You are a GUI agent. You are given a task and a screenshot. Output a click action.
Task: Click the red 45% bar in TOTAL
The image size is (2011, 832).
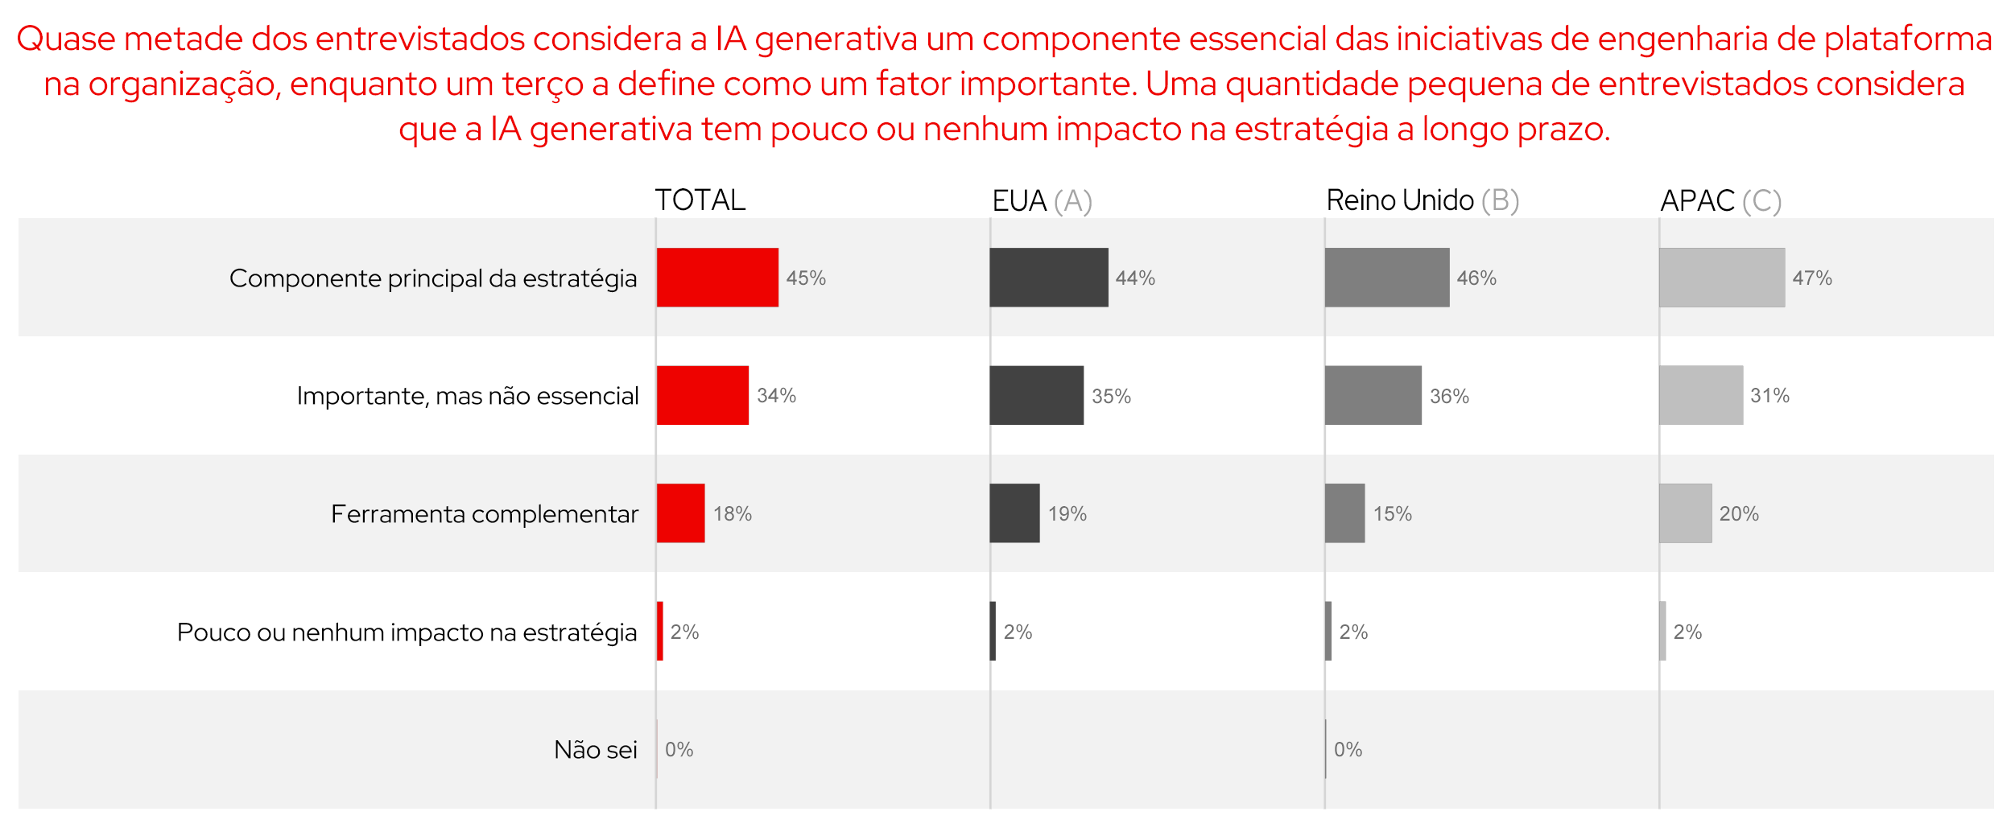[717, 278]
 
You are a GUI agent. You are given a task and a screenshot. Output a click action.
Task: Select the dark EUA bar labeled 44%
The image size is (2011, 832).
[1049, 278]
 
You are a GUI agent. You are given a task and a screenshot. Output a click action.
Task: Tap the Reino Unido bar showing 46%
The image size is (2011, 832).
[1387, 278]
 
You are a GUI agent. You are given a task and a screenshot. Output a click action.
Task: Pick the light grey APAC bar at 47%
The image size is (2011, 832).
[1722, 278]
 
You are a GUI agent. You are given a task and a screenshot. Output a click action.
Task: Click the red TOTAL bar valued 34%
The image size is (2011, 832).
[703, 395]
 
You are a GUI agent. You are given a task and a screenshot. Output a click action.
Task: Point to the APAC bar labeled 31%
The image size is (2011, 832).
[1701, 395]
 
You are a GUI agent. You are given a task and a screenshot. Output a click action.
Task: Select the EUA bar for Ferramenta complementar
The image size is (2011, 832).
[1014, 513]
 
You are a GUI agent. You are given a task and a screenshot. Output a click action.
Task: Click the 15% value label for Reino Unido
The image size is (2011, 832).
[1393, 514]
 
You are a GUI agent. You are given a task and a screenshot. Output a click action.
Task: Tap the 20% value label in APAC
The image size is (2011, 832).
[1739, 514]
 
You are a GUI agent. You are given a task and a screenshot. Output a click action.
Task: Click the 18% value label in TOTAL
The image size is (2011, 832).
[733, 514]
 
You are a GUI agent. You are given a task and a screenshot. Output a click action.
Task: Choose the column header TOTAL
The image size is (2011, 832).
[700, 200]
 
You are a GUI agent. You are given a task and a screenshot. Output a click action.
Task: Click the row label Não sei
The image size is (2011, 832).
[596, 750]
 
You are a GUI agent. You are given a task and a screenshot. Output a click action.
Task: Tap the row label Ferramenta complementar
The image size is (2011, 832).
[485, 514]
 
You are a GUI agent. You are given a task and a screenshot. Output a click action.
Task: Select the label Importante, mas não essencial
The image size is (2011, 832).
[468, 396]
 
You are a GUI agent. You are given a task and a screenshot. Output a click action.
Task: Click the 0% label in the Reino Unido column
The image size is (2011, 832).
[1348, 750]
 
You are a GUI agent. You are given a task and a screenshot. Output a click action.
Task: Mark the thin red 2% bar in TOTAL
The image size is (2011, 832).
[660, 631]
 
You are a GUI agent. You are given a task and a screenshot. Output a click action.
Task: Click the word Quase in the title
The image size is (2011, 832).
[66, 39]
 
